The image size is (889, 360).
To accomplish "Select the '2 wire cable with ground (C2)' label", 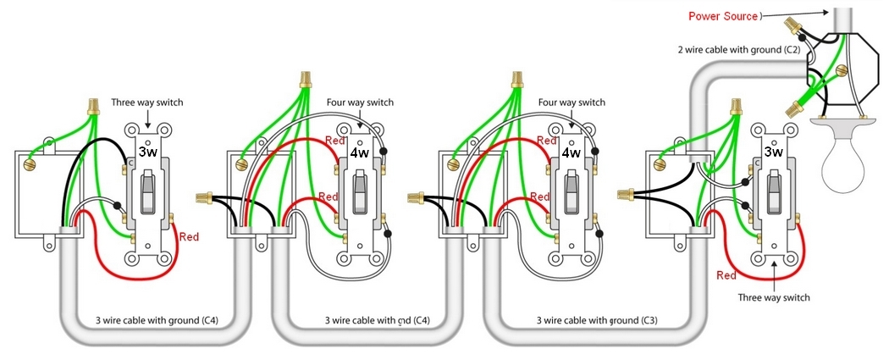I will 739,49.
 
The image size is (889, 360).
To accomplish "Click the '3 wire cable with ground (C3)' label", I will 596,321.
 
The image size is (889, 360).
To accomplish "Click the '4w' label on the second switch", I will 358,153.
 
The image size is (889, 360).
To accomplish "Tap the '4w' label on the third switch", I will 569,153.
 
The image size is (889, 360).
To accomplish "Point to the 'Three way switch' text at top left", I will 147,103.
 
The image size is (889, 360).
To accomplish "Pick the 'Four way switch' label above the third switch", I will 571,103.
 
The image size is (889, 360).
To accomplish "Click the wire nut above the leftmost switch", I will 92,106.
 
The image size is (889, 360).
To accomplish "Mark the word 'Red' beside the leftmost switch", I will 190,236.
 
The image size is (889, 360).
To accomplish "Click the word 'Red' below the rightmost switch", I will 726,275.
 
